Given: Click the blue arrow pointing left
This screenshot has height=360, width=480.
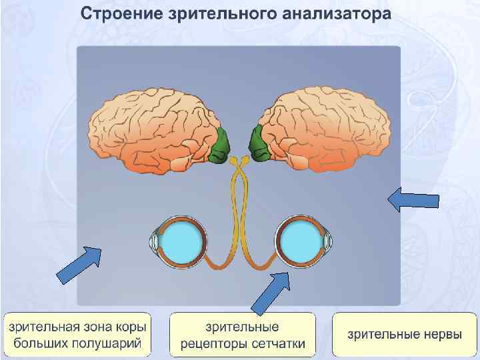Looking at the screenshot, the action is (x=413, y=199).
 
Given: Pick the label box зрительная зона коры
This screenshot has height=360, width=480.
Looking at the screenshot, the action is (x=78, y=335).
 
